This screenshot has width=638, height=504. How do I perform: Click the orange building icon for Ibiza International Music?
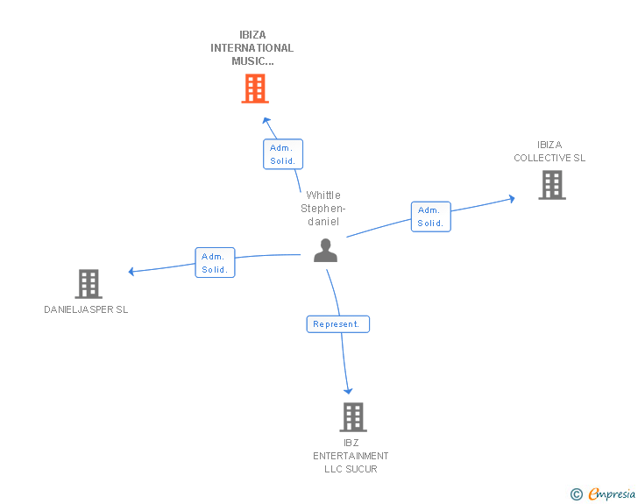(x=254, y=89)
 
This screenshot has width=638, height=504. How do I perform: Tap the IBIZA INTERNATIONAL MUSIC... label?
(x=252, y=48)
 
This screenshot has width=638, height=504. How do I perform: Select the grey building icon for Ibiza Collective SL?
(x=551, y=185)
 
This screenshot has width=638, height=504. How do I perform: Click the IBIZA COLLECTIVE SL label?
(x=549, y=152)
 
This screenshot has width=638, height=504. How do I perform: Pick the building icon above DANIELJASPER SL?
(x=89, y=284)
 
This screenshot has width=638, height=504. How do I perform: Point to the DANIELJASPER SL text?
(x=86, y=309)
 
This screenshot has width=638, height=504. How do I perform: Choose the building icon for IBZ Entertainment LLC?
(x=352, y=417)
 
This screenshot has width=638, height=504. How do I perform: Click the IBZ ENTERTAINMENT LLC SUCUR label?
(x=351, y=456)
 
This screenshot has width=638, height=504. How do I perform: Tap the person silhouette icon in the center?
(x=325, y=251)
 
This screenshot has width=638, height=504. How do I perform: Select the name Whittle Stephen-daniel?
(x=323, y=209)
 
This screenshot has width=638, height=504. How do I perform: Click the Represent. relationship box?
(x=337, y=324)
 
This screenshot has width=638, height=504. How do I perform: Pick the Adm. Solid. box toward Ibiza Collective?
(x=430, y=217)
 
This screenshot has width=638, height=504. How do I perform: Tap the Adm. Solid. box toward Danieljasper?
(x=215, y=263)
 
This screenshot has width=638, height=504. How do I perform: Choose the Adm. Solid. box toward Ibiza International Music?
(x=283, y=154)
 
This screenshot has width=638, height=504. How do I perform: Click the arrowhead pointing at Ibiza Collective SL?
(x=511, y=199)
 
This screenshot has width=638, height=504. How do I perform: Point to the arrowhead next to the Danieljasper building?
(x=131, y=272)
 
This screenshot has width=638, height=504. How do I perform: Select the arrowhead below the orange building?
(x=267, y=120)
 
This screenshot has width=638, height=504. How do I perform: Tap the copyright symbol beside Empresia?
(x=576, y=495)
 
